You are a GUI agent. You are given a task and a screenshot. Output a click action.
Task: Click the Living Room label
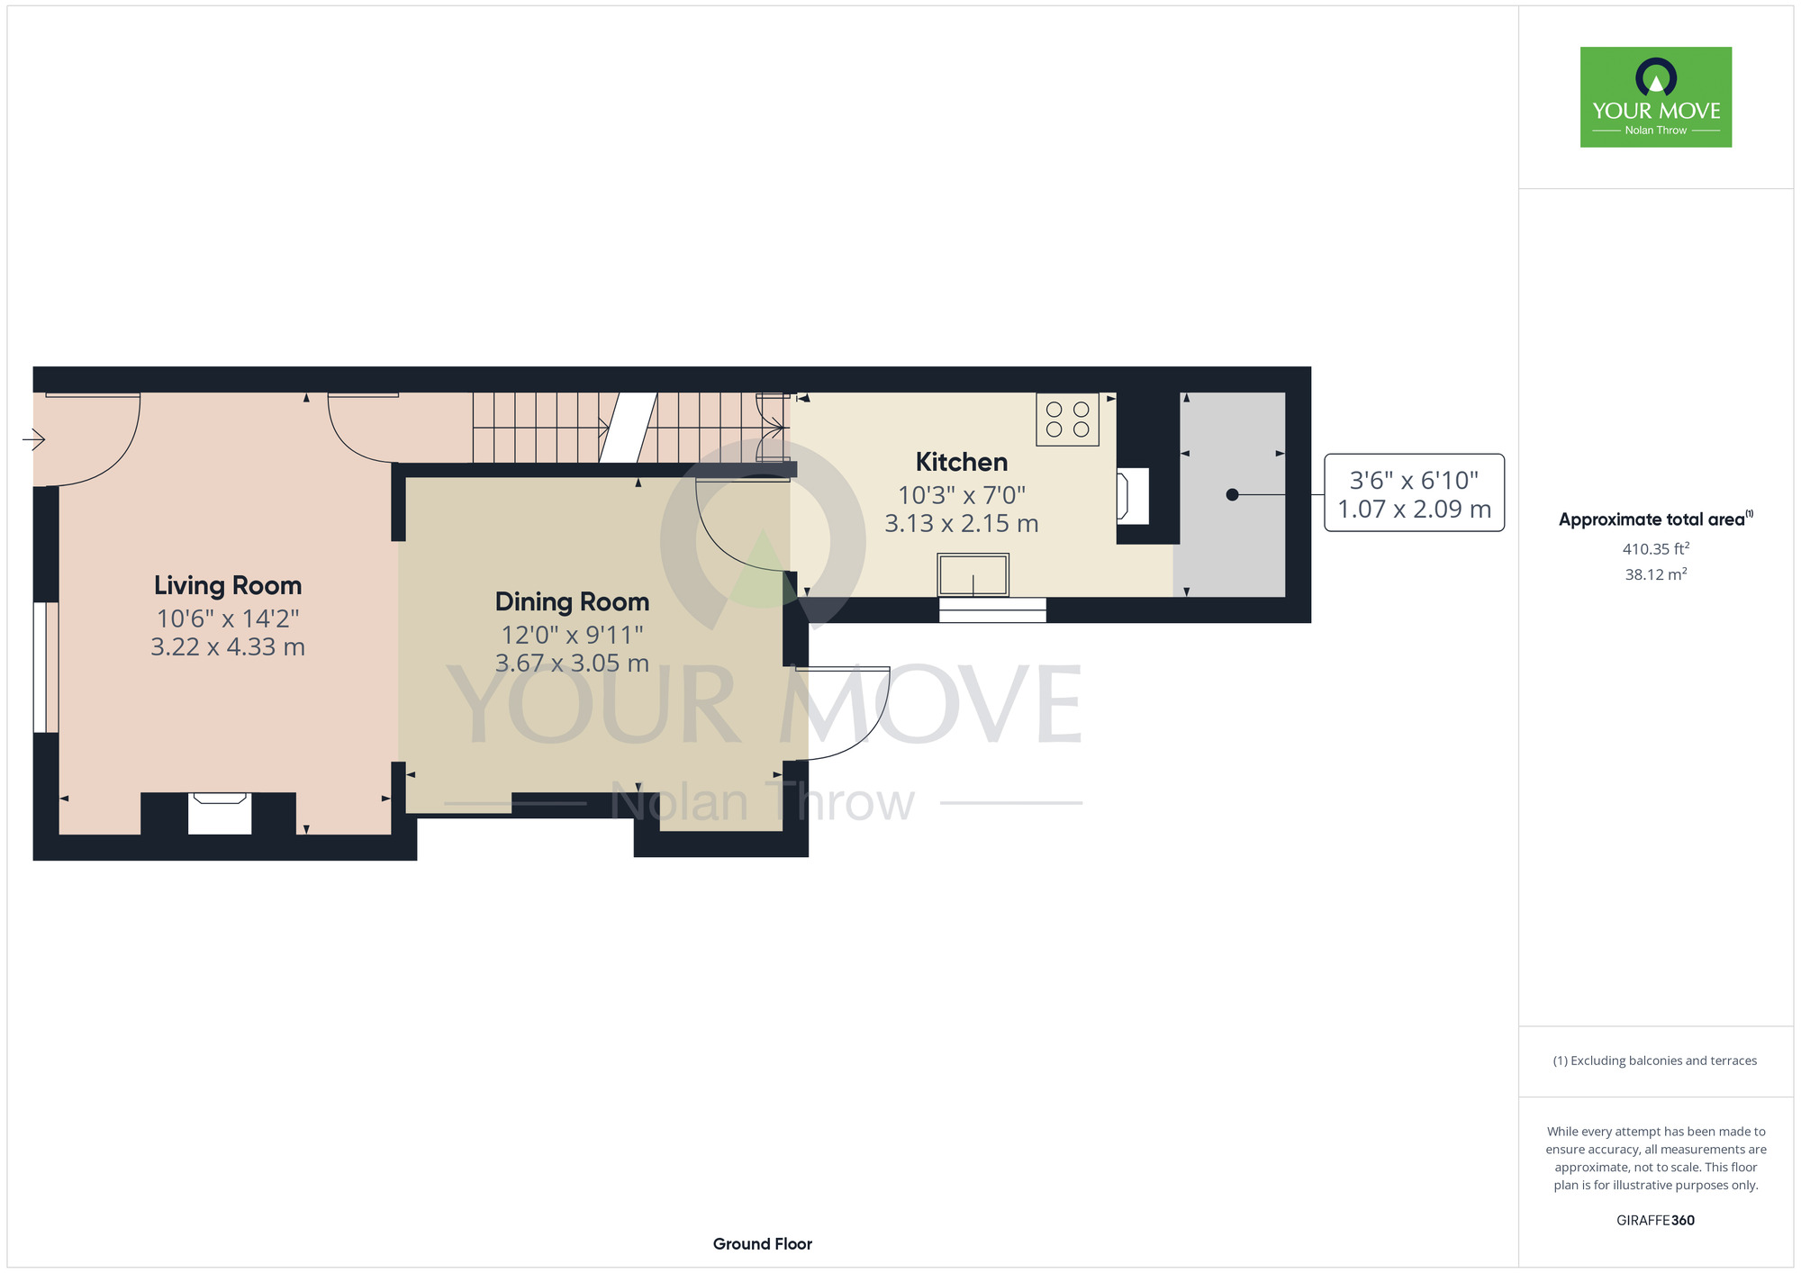click(x=228, y=585)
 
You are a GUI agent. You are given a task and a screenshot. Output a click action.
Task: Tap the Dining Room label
click(x=572, y=601)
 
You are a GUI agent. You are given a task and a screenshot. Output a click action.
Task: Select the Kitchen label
click(x=962, y=462)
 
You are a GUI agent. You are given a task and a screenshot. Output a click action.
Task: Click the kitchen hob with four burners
click(x=1067, y=420)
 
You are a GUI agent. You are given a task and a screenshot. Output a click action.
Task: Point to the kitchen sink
click(x=973, y=574)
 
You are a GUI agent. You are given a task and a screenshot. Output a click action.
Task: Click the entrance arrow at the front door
click(x=34, y=439)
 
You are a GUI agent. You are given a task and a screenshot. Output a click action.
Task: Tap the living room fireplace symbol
click(x=220, y=813)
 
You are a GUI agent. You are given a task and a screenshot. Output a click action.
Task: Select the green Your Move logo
click(x=1656, y=97)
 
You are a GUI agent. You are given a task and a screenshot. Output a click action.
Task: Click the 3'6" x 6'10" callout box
click(x=1414, y=492)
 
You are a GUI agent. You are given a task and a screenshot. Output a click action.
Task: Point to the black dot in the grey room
click(x=1232, y=494)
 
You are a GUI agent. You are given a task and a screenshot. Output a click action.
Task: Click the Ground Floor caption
click(x=763, y=1244)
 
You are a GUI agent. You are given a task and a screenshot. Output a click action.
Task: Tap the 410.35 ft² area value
click(x=1656, y=548)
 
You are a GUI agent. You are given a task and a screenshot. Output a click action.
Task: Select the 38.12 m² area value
click(x=1656, y=574)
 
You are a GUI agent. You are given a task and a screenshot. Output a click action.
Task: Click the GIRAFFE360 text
click(x=1656, y=1221)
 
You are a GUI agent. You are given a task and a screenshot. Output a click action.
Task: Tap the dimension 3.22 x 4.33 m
click(x=228, y=647)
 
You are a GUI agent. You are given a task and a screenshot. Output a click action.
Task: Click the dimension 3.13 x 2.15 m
click(x=962, y=524)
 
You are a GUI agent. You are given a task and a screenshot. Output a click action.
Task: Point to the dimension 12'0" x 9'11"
click(x=572, y=636)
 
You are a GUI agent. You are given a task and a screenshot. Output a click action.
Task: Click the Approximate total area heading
click(x=1656, y=519)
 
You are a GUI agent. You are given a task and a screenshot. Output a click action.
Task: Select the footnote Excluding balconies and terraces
click(x=1655, y=1061)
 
